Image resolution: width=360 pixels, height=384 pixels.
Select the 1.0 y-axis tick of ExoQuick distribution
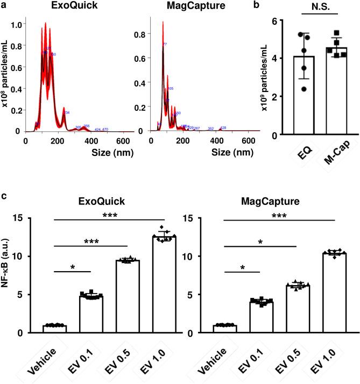point(17,25)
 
